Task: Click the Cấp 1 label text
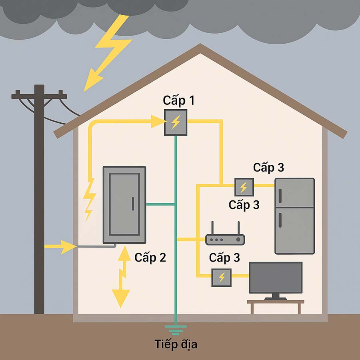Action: pos(179,100)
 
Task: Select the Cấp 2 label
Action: pos(150,257)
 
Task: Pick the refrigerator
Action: pos(294,216)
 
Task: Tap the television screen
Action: pos(276,278)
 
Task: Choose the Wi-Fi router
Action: pos(225,239)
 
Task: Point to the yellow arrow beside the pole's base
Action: pos(60,246)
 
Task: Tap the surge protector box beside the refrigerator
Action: pos(244,186)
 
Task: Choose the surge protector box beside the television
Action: pos(221,276)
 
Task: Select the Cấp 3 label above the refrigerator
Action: pos(268,168)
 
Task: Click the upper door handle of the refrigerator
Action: pos(280,195)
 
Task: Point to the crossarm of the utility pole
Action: pos(39,96)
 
